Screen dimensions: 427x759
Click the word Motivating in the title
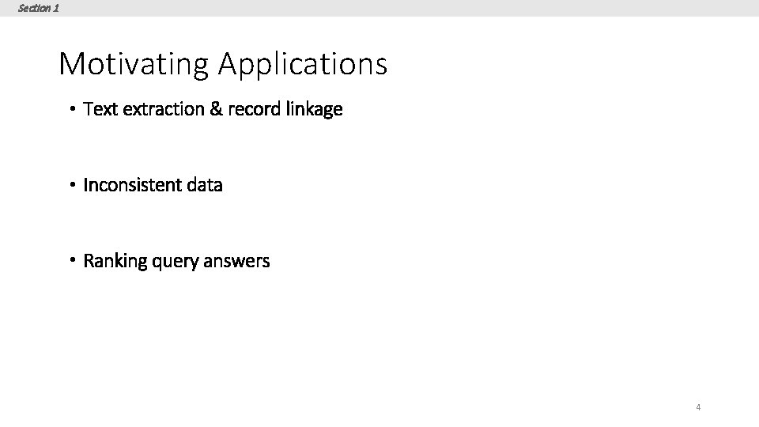(134, 64)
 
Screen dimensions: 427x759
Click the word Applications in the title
(303, 64)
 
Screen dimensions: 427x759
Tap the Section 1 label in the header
(38, 8)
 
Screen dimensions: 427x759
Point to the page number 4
(698, 407)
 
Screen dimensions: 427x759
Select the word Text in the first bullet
(99, 108)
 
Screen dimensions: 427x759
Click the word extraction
(161, 108)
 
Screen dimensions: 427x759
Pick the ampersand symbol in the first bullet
(216, 108)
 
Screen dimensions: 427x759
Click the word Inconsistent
(132, 185)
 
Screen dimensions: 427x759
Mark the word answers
(236, 262)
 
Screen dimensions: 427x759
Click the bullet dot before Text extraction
(71, 109)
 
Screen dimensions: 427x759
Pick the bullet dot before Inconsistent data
(71, 185)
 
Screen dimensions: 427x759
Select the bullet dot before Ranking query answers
(71, 261)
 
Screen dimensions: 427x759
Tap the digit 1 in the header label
(55, 8)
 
